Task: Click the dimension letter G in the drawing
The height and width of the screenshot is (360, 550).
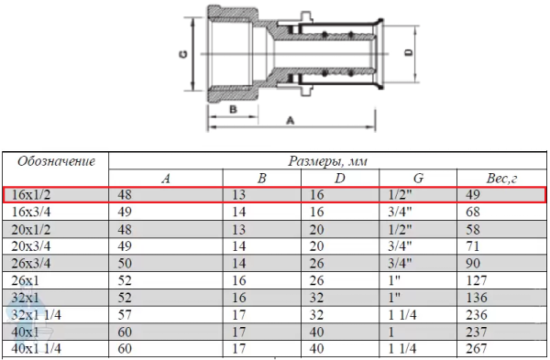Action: point(183,54)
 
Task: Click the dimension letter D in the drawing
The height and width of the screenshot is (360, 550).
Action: point(409,53)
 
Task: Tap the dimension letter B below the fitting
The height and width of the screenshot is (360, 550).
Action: point(233,109)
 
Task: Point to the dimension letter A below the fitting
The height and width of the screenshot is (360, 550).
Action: point(290,121)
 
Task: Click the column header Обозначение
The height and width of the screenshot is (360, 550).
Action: point(56,161)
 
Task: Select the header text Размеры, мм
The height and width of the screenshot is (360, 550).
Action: point(327,161)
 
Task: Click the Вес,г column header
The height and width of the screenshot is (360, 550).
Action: point(501,179)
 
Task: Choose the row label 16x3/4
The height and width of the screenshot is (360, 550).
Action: point(31,213)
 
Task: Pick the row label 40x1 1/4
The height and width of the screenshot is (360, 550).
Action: point(36,349)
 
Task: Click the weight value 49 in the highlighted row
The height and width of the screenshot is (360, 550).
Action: point(473,195)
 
